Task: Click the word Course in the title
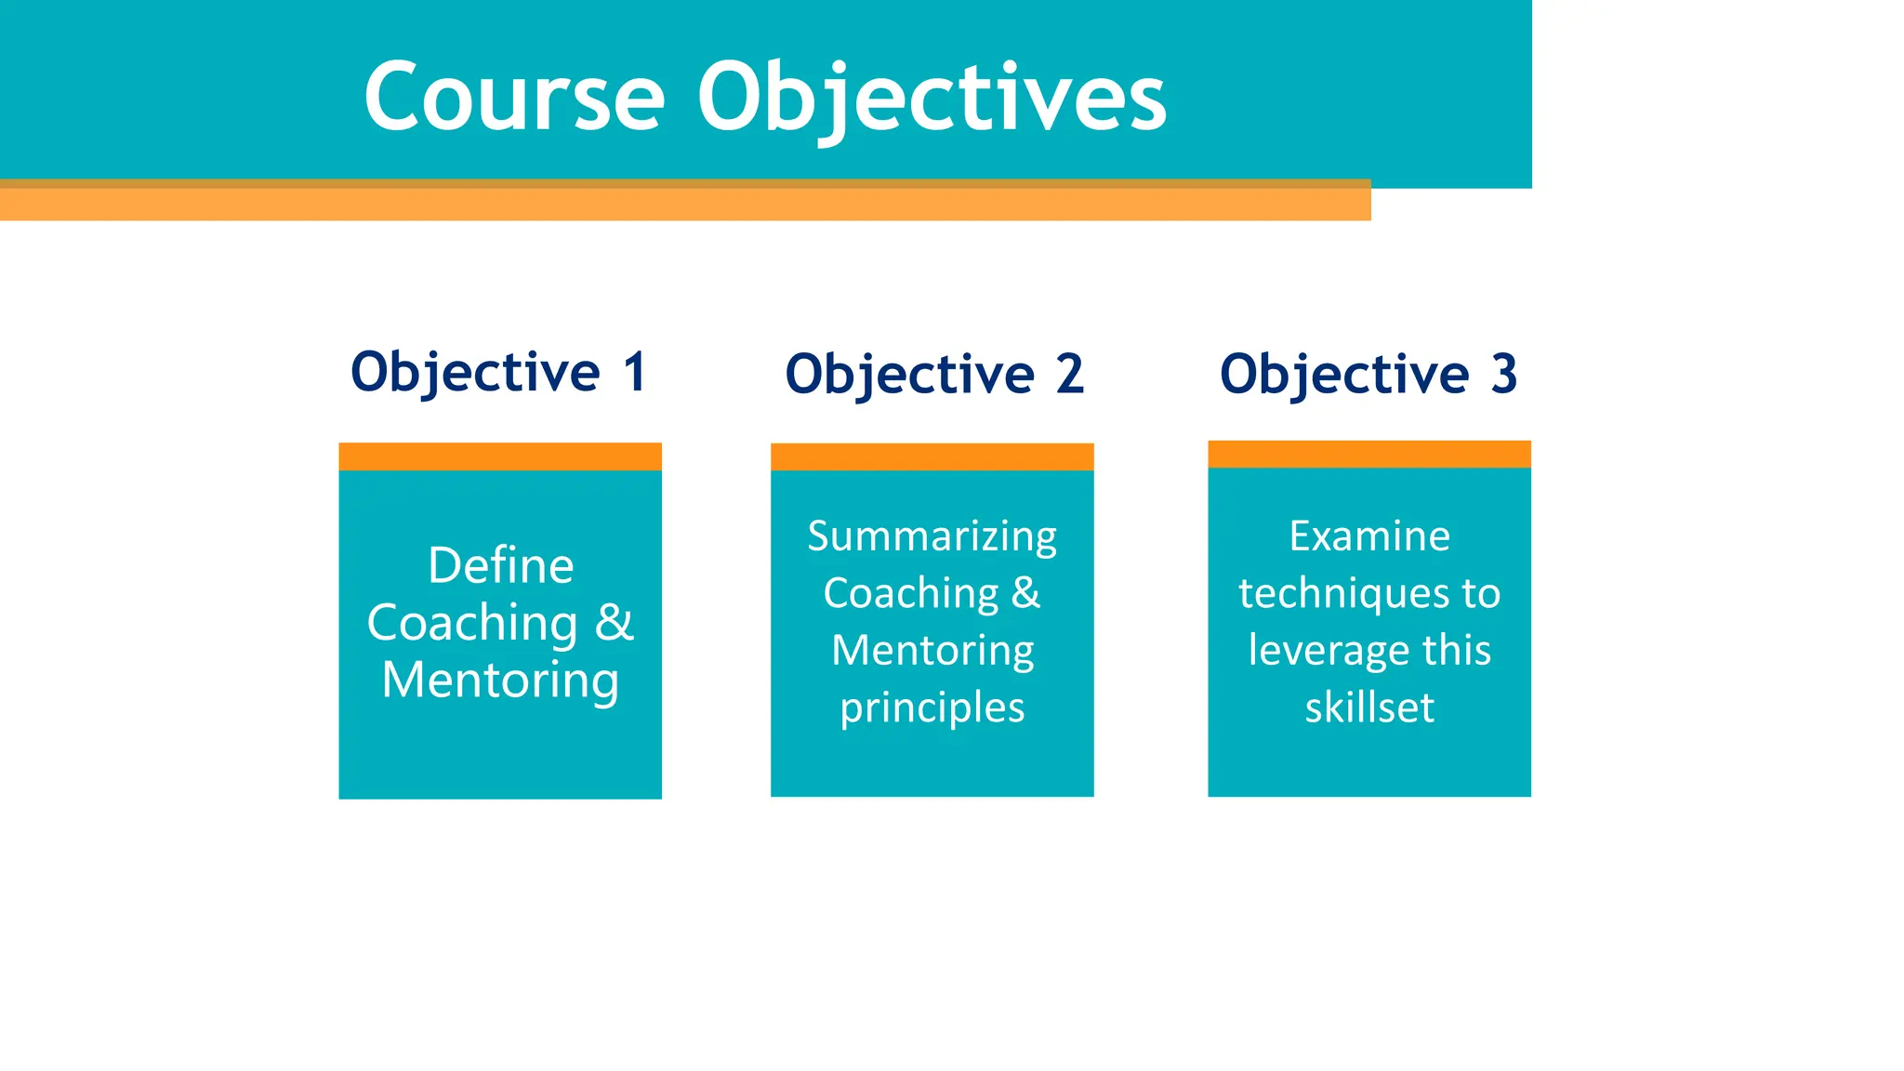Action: coord(514,97)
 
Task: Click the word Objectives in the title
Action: coord(932,97)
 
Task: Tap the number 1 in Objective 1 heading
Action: coord(635,373)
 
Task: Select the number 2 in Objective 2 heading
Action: coord(1069,375)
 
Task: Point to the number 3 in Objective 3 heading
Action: coord(1504,375)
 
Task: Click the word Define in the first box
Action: coord(500,565)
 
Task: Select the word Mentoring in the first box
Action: coord(500,680)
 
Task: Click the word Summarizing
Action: coord(932,536)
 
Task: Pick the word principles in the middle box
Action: coord(932,708)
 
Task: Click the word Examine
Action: coord(1368,536)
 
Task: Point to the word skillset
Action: coord(1368,708)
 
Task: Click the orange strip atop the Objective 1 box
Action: coord(500,456)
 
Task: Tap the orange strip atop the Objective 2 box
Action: coord(932,456)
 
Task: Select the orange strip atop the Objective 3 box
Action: coord(1368,454)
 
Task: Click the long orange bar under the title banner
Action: coord(684,204)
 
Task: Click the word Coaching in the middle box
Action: coord(910,594)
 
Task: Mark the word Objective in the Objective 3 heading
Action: coord(1344,375)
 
